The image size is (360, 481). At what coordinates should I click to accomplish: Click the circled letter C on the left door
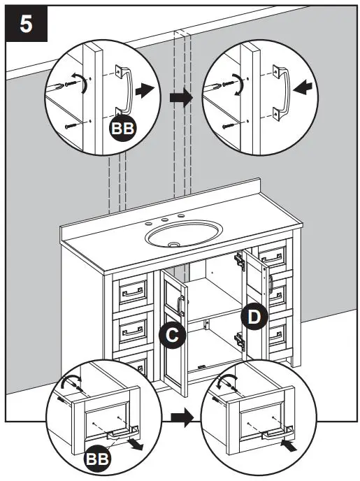click(x=171, y=336)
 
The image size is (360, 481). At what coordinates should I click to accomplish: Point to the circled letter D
click(x=255, y=317)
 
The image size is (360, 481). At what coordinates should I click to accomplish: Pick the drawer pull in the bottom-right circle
click(x=272, y=435)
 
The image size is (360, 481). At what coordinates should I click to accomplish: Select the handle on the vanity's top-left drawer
click(x=132, y=292)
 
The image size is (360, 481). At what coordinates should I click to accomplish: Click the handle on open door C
click(x=180, y=306)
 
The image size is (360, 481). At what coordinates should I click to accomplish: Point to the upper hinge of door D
click(x=239, y=261)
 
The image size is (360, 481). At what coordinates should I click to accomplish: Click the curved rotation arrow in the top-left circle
click(x=84, y=84)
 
